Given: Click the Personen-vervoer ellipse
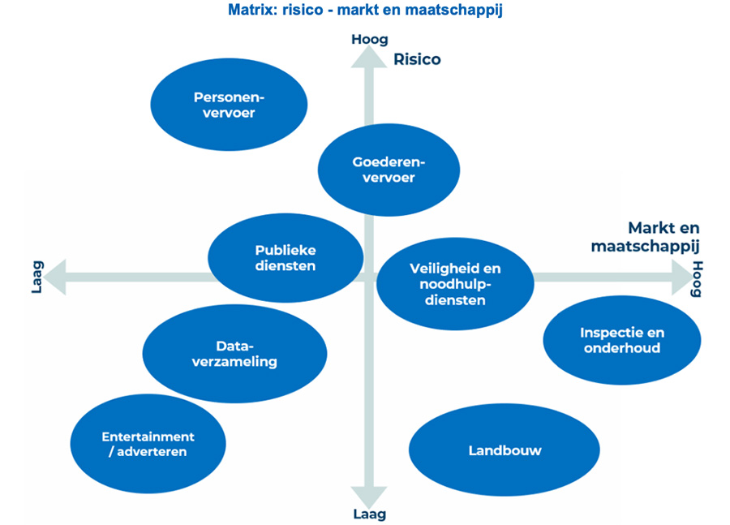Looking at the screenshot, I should coord(230,105).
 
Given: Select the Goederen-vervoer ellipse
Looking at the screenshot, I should coord(389,170).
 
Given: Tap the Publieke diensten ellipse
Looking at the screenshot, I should coord(285,257).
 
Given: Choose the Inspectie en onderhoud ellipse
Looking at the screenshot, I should coord(621,340).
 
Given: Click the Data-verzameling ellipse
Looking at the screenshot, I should coord(234,354).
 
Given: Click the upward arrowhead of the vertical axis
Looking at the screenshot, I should coord(370,60).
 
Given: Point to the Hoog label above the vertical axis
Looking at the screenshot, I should coord(370,39).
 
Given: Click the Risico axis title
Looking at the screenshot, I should coord(417,59).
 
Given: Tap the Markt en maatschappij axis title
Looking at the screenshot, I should coord(663,236).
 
